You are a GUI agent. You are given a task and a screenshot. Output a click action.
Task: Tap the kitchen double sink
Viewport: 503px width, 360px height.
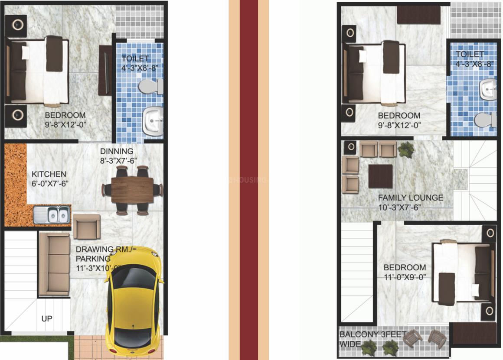(52, 214)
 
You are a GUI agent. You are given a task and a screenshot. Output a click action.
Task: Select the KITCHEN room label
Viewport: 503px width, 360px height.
(49, 174)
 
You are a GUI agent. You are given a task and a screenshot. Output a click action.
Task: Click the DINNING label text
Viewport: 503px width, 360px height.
(117, 152)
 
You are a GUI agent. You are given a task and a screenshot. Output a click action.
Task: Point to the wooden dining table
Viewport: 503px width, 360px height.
(132, 190)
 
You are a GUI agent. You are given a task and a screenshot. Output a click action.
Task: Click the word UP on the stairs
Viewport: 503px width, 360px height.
(47, 319)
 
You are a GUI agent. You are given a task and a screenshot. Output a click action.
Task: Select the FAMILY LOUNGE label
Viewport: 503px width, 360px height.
(410, 198)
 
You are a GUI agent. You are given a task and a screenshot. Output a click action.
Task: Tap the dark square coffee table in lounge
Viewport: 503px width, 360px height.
(380, 176)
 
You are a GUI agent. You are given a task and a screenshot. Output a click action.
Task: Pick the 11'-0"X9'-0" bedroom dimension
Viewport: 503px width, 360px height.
(404, 277)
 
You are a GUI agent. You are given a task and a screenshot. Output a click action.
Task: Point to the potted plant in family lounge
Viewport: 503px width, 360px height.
(405, 149)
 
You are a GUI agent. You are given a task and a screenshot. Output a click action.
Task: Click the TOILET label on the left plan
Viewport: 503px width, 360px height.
(135, 58)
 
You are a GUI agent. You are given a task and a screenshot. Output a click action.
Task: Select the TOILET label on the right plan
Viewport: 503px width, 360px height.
(470, 54)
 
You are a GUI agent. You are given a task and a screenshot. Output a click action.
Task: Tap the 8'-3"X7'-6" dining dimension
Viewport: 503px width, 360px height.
(118, 160)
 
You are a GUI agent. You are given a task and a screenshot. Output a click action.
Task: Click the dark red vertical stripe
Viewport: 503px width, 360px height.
(249, 180)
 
